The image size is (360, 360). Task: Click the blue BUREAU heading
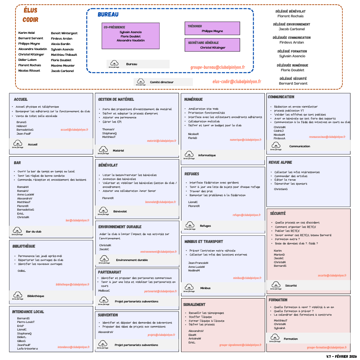(108, 15)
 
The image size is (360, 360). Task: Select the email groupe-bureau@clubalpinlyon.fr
(217, 67)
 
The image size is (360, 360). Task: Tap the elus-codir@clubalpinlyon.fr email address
(237, 82)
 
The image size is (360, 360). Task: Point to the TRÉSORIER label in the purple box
(195, 26)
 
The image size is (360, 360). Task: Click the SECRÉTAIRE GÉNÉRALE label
(203, 42)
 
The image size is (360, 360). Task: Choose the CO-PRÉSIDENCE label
(114, 27)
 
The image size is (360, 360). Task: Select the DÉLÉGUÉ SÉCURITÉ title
(293, 78)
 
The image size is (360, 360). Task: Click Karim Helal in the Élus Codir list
(26, 33)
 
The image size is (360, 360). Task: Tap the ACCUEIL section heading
(21, 99)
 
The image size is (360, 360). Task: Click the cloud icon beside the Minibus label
(189, 287)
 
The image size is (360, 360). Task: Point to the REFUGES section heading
(192, 174)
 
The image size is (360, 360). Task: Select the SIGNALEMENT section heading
(194, 305)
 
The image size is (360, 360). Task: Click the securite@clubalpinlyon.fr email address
(332, 275)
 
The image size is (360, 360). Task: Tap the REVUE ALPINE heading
(280, 162)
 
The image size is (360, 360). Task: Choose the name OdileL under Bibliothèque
(22, 271)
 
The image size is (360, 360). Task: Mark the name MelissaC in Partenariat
(104, 291)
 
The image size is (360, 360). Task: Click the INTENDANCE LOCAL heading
(28, 312)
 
